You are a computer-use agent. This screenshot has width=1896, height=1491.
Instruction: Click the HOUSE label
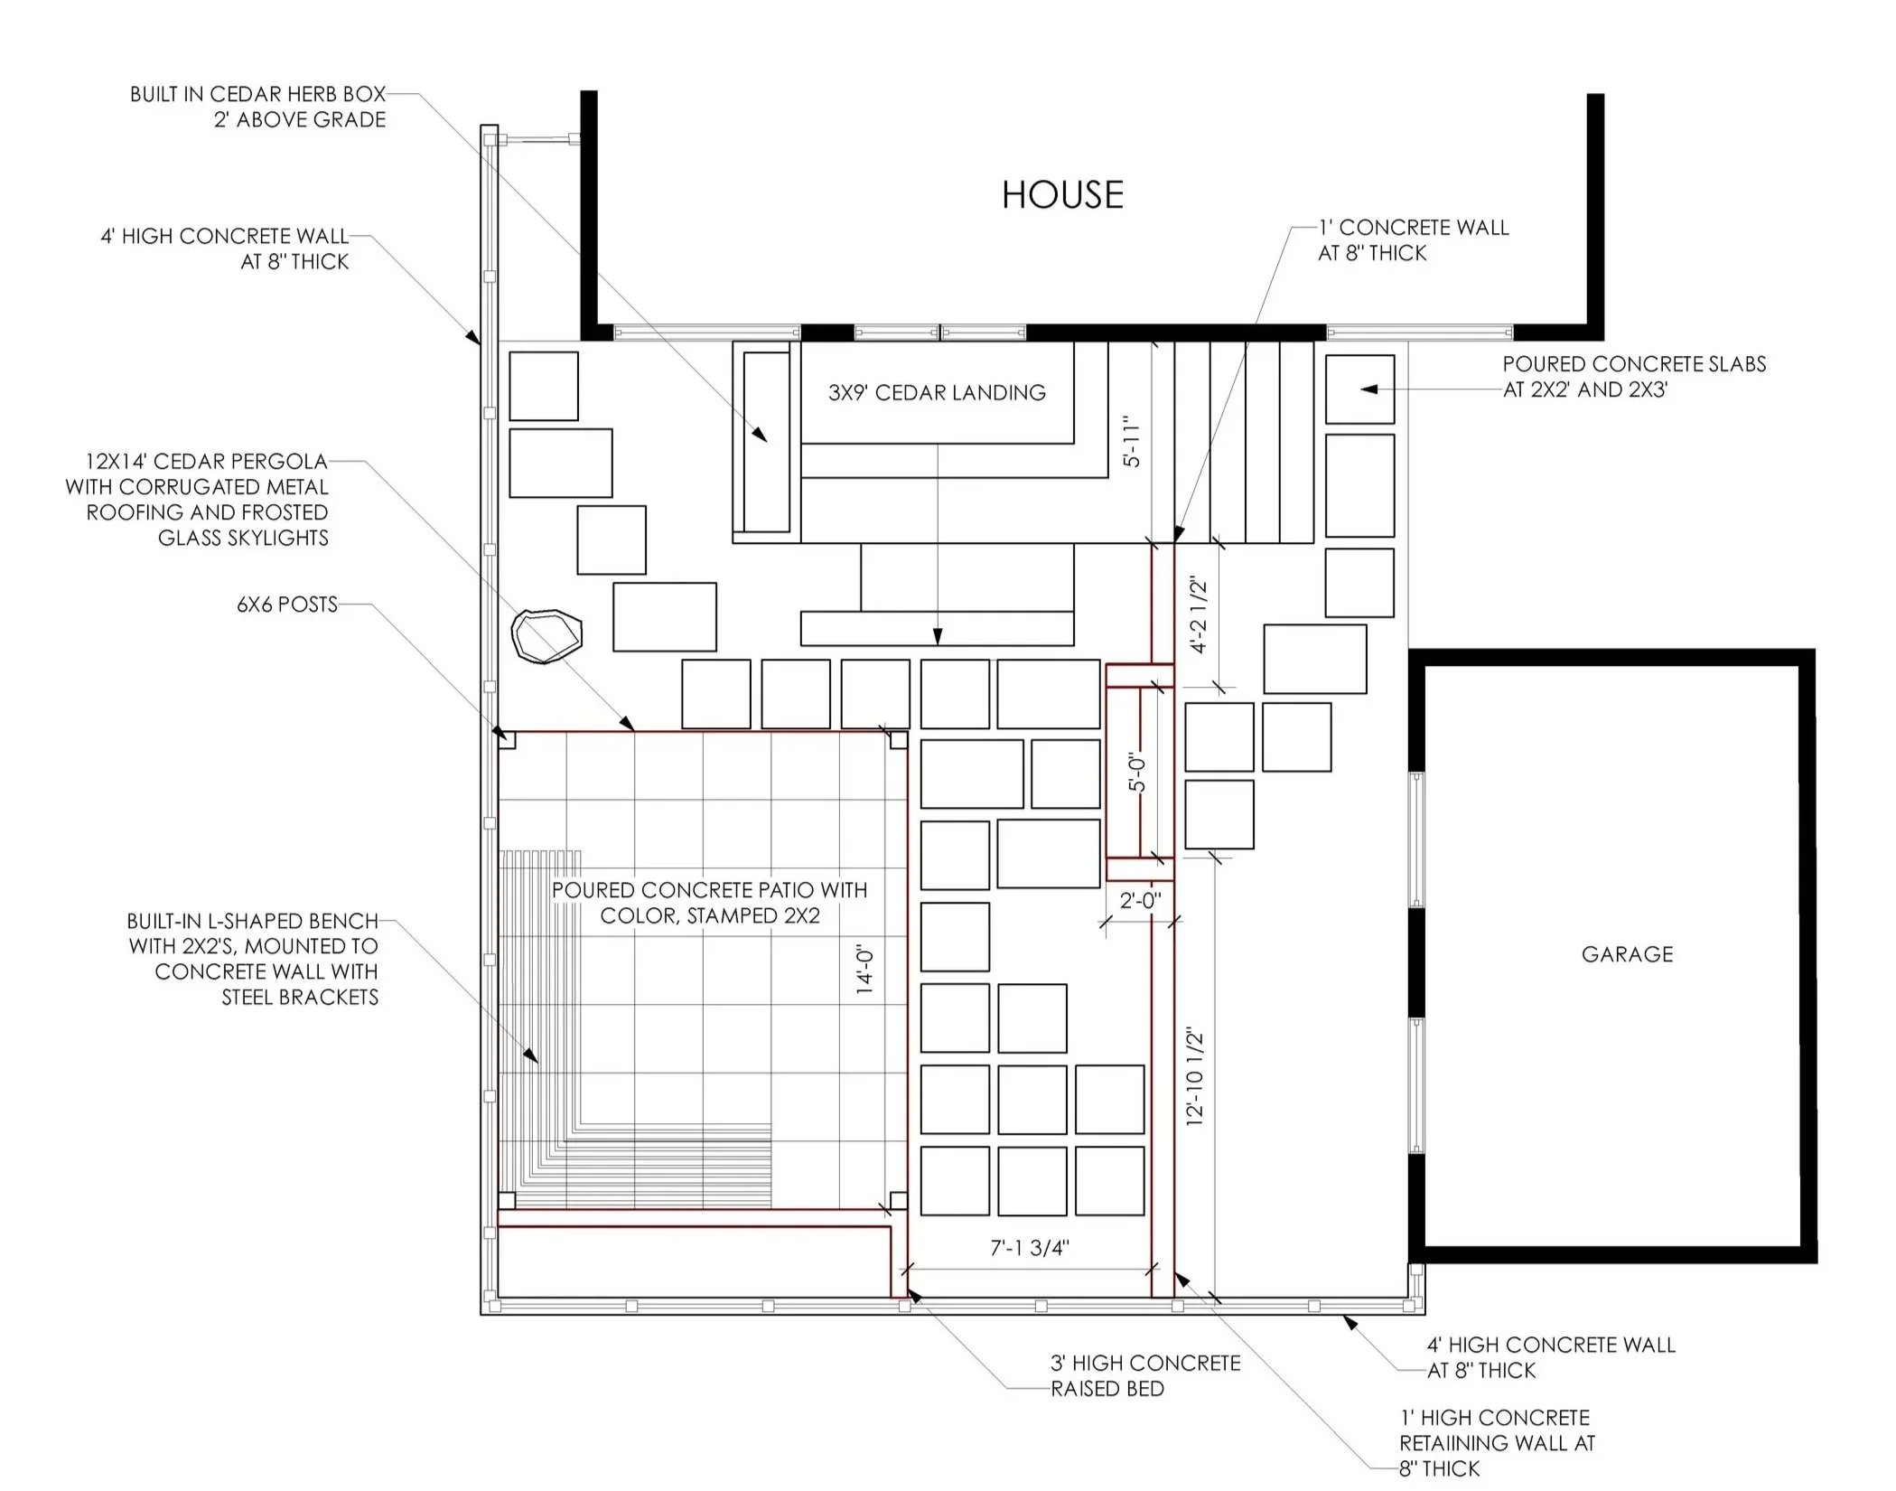click(1062, 195)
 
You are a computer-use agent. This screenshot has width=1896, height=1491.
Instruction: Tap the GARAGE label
click(1627, 954)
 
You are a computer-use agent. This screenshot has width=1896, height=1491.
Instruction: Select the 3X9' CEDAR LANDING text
click(937, 393)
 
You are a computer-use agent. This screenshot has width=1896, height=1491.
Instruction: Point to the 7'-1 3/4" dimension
click(1029, 1248)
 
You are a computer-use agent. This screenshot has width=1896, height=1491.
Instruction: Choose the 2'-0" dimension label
click(1140, 901)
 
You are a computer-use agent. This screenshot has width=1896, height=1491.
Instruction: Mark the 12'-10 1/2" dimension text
click(1195, 1075)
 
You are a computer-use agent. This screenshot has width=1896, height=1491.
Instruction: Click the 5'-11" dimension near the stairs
click(1131, 441)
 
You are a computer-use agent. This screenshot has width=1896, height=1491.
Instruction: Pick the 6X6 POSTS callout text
click(287, 605)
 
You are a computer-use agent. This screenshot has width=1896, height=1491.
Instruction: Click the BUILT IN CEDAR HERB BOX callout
click(257, 107)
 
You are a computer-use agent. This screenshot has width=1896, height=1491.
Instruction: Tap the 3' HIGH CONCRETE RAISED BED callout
click(1144, 1375)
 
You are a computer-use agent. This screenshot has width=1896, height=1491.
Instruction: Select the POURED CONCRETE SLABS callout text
click(1633, 377)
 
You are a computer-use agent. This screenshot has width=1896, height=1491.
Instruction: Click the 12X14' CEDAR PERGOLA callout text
click(197, 500)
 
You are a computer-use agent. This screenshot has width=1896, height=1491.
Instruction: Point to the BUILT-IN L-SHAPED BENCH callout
click(253, 959)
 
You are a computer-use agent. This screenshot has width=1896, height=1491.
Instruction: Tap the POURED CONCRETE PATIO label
click(709, 903)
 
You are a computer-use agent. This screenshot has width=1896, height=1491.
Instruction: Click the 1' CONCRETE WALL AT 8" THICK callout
click(1413, 240)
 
